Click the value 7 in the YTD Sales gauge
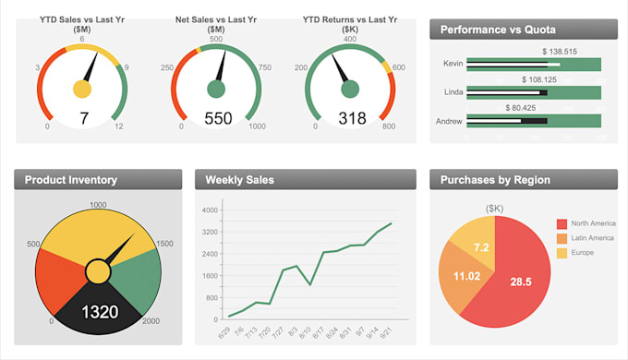coord(83,118)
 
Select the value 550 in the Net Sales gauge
coord(218,118)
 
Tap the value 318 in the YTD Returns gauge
coord(352,118)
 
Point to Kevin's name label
coord(453,64)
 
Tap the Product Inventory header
coord(71,180)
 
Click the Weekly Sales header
coord(239,180)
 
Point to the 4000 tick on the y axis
coord(210,210)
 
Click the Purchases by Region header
coord(495,180)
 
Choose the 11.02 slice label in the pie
coord(467,276)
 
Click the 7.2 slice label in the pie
coord(481,247)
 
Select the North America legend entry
coord(591,223)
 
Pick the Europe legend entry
coord(582,252)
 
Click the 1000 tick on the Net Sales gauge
coord(257,126)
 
